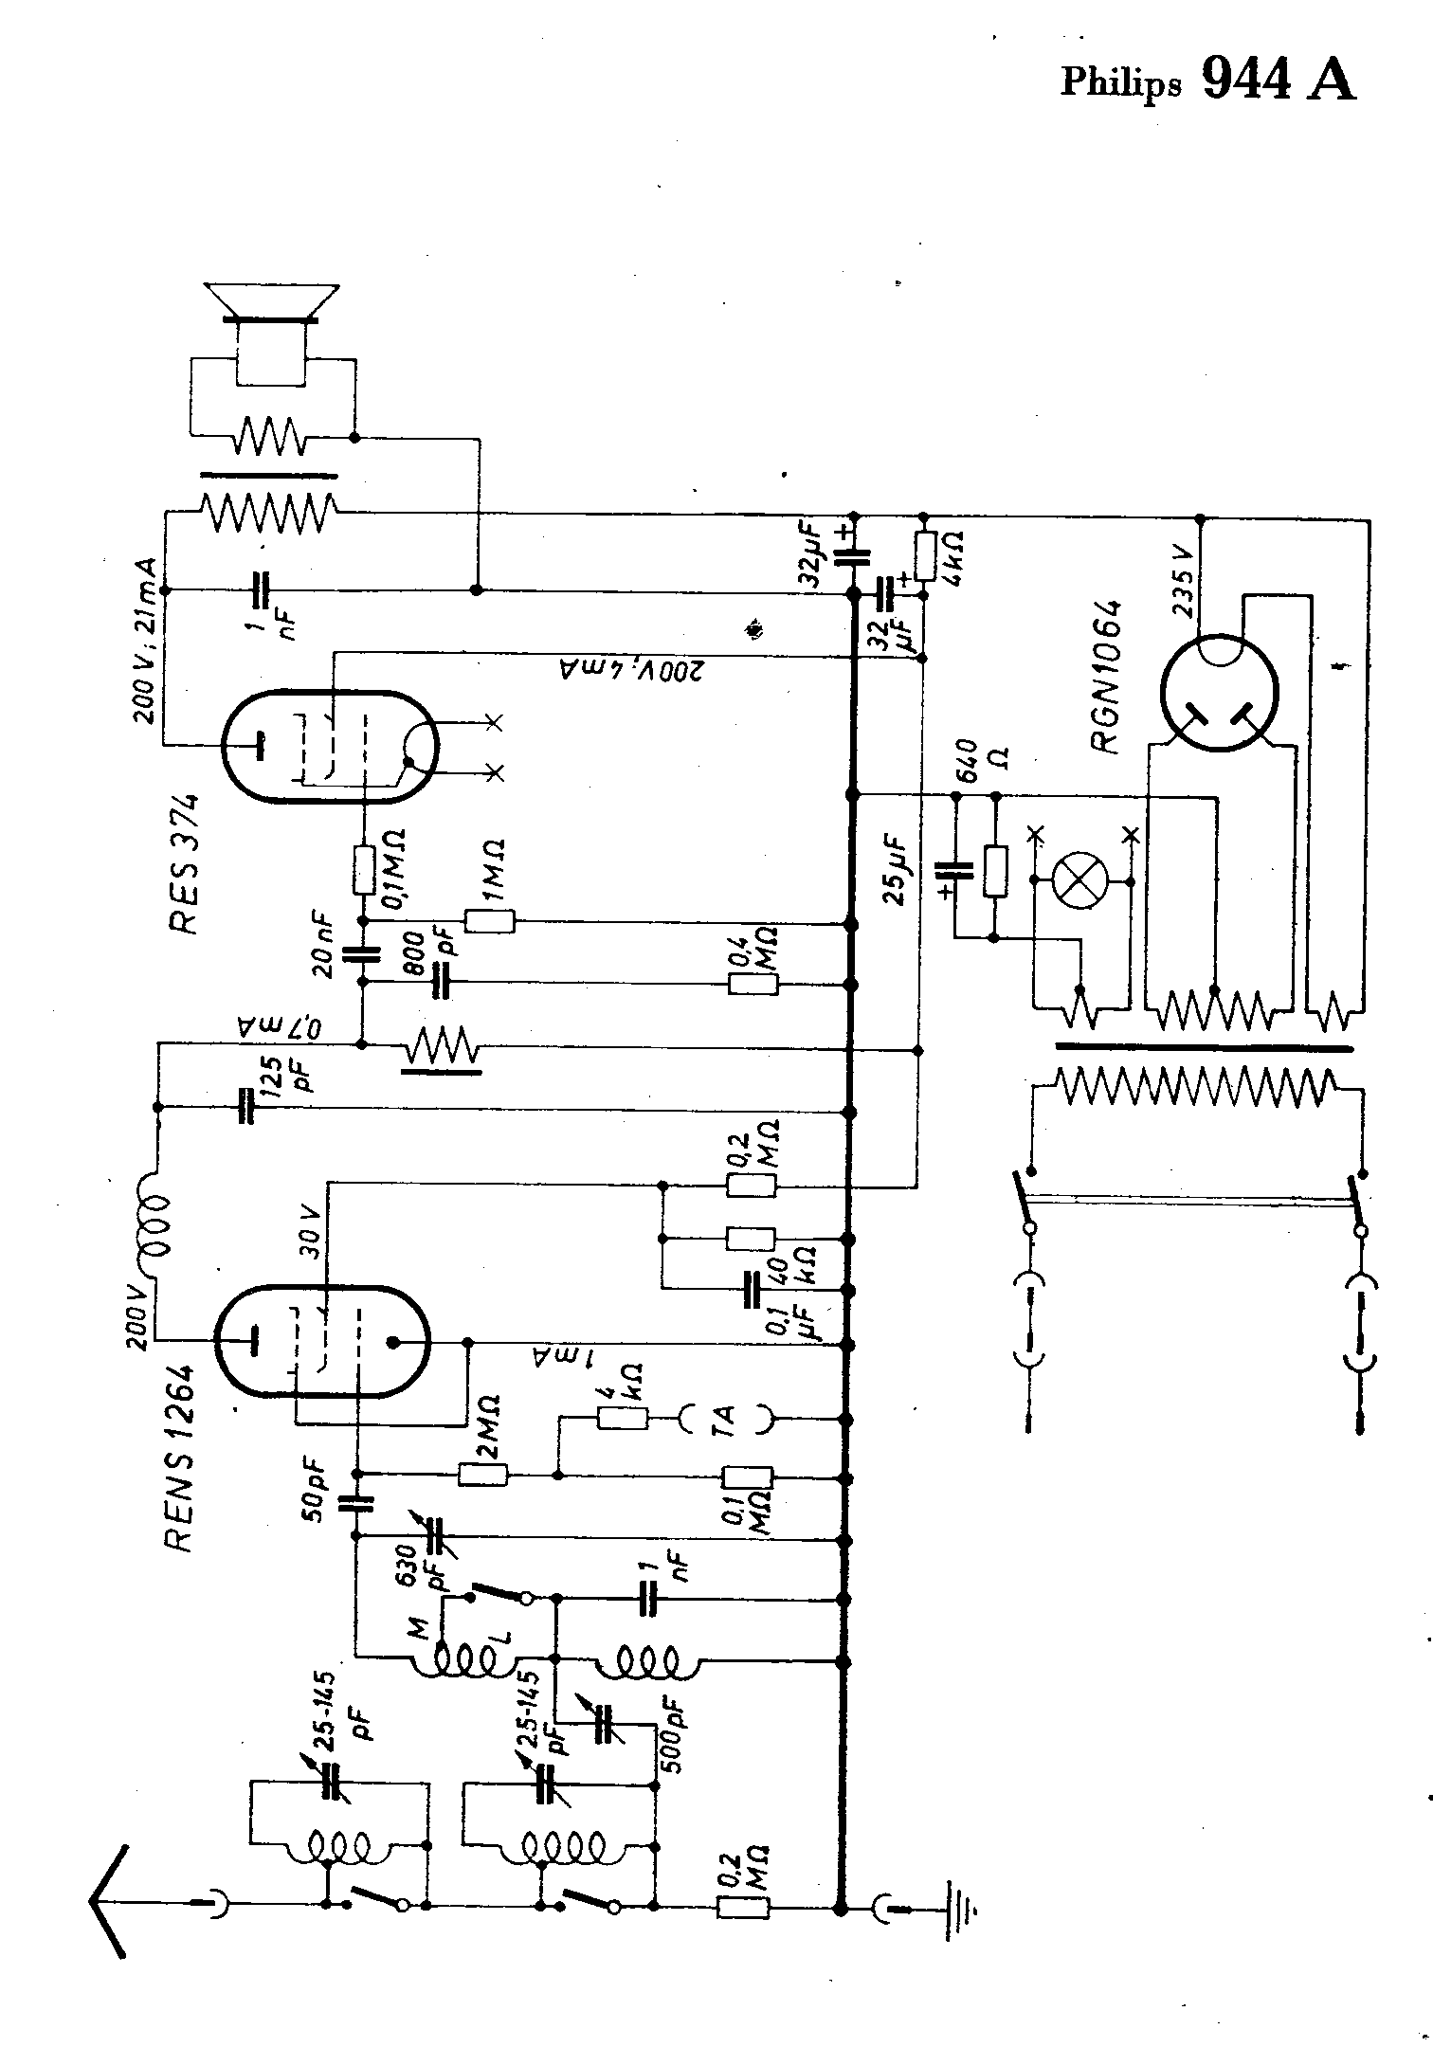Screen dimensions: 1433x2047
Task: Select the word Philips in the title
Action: point(1121,83)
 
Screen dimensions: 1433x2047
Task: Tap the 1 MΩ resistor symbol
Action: point(489,921)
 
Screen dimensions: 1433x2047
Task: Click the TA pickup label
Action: point(726,1418)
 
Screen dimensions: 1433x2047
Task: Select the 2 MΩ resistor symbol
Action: point(483,1474)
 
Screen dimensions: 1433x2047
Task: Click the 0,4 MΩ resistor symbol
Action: point(753,985)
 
